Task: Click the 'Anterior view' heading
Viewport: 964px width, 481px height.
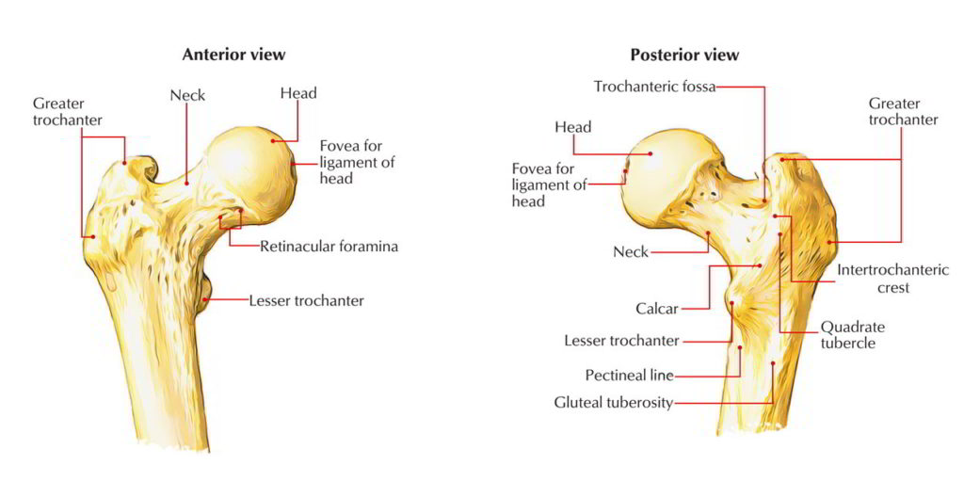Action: click(x=233, y=55)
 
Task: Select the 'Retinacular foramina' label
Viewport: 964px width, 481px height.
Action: click(x=329, y=247)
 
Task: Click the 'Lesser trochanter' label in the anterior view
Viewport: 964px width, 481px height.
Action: click(x=306, y=301)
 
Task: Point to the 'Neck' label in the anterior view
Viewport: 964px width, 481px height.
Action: click(x=187, y=95)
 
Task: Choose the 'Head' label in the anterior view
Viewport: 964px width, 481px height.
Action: click(x=297, y=93)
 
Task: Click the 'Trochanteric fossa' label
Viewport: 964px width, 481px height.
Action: click(x=654, y=87)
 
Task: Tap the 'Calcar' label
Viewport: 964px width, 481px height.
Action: click(x=657, y=308)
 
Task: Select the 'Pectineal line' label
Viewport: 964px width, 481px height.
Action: click(x=629, y=376)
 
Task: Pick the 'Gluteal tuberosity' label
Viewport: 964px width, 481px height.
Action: click(x=613, y=403)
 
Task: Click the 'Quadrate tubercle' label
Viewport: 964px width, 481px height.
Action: click(x=852, y=335)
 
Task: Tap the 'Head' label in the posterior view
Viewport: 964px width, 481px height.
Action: click(x=572, y=127)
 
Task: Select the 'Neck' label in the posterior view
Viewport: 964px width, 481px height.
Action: click(x=631, y=252)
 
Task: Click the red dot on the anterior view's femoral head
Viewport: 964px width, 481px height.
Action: click(x=274, y=141)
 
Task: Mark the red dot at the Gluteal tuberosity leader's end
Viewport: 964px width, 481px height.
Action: click(x=773, y=363)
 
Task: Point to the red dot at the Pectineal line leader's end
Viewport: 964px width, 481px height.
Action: click(x=740, y=347)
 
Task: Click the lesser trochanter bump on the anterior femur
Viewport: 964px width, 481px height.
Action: click(x=207, y=286)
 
